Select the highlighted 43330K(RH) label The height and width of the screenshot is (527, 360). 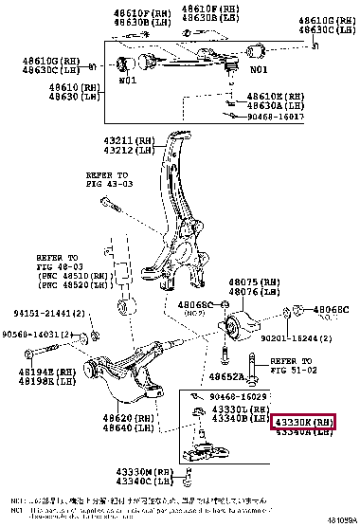[x=303, y=420]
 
